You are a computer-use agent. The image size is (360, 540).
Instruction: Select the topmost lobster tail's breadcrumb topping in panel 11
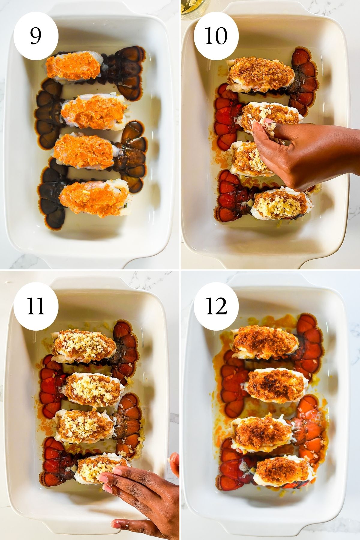(84, 345)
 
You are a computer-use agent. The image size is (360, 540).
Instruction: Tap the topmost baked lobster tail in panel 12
(264, 342)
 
